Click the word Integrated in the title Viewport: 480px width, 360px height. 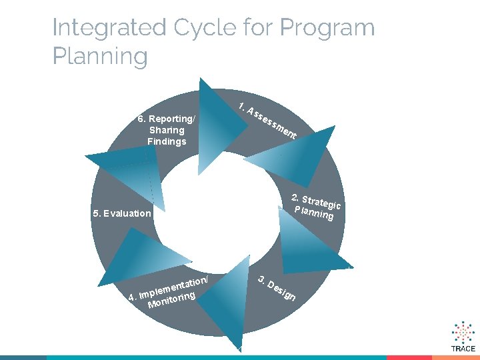[x=109, y=28]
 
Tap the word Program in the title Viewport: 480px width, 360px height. [x=327, y=28]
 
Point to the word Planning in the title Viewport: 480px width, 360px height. [x=100, y=56]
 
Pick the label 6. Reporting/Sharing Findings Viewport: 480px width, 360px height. [x=167, y=130]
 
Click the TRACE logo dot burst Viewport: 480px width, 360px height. [x=463, y=331]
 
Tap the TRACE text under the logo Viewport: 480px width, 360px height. [x=463, y=349]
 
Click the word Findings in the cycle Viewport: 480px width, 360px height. [x=167, y=141]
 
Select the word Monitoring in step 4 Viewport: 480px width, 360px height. [x=171, y=299]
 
